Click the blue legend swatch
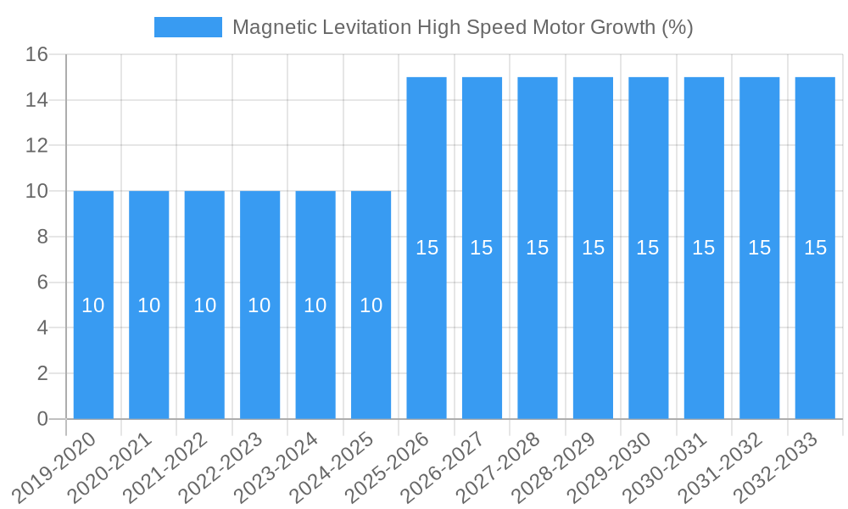187,27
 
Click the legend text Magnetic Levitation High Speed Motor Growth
462,27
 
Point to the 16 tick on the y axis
36,55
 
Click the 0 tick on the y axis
42,419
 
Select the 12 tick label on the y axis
36,146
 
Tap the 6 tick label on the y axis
42,282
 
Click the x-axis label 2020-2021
110,466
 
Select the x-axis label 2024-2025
332,466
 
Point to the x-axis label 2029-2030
610,466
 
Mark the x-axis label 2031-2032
721,466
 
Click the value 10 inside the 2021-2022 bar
204,305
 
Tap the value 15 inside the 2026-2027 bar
482,248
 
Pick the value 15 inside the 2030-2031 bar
704,248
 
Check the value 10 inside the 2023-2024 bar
315,305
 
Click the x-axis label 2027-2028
499,466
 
